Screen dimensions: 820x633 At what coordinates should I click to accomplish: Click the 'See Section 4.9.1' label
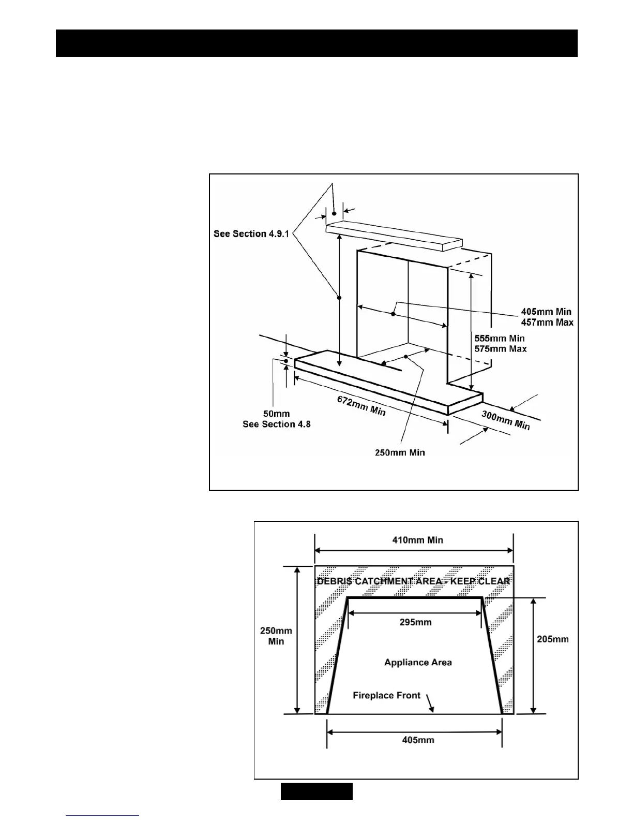point(251,234)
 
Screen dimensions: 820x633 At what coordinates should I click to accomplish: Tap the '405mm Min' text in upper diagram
point(546,312)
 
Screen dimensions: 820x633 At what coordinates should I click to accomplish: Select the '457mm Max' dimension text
point(547,322)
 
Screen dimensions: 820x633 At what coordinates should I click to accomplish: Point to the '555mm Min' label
point(500,338)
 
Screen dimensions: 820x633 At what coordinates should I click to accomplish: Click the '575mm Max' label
point(501,348)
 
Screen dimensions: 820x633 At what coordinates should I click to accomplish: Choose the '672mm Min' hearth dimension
point(361,406)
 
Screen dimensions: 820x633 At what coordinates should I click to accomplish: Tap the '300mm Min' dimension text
point(506,420)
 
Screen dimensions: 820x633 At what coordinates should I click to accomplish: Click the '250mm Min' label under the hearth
point(400,452)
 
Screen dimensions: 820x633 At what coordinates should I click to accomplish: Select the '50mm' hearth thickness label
point(276,414)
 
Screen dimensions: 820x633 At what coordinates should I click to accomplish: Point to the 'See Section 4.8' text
point(277,424)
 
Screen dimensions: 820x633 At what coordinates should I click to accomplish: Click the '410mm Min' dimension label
point(418,540)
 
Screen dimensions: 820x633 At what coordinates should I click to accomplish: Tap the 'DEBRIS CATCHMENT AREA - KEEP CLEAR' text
point(414,581)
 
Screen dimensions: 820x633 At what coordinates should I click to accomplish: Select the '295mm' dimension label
point(415,622)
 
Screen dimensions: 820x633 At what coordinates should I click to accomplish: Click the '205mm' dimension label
point(553,639)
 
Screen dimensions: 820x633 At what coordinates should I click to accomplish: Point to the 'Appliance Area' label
point(418,662)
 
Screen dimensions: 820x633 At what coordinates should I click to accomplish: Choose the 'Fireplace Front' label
point(386,695)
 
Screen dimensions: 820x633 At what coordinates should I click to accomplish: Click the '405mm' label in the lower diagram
point(418,740)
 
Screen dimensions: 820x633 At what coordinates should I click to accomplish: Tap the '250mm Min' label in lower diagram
point(276,636)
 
